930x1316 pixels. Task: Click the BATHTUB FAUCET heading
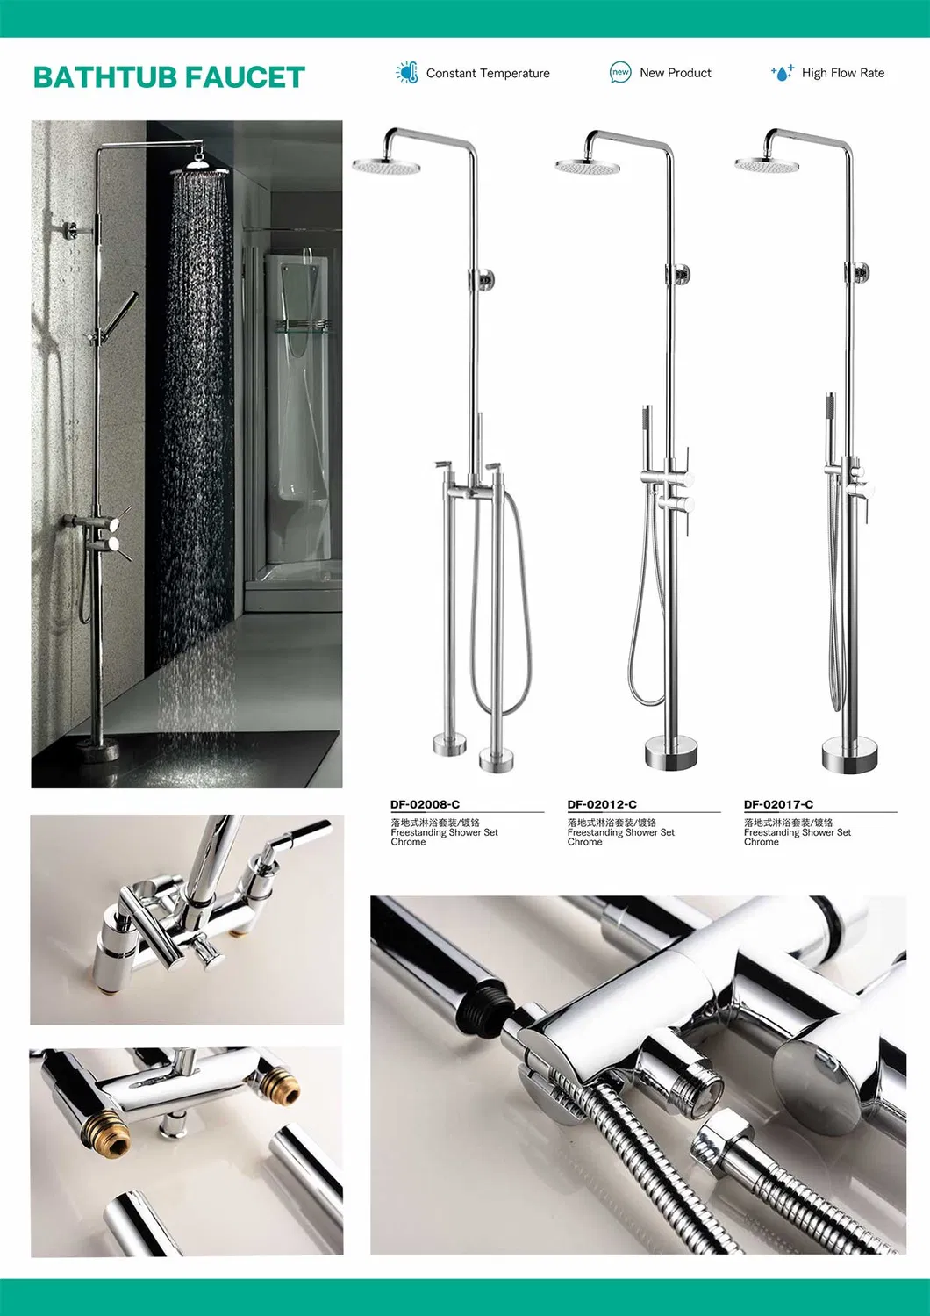169,77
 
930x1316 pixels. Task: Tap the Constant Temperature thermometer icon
407,72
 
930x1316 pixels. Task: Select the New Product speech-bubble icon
620,72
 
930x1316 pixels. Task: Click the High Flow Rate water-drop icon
782,72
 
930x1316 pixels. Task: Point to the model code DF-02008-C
425,804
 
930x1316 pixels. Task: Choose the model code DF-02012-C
602,804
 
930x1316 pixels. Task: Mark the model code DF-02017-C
778,804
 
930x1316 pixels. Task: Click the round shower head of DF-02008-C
378,165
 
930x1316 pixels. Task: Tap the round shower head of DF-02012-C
581,166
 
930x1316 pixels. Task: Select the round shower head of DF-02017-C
761,164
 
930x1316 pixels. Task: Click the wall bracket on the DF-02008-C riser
483,278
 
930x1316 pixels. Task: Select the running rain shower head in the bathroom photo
200,169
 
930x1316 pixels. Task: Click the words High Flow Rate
842,73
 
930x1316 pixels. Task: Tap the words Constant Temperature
488,73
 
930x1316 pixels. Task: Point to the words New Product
676,73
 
